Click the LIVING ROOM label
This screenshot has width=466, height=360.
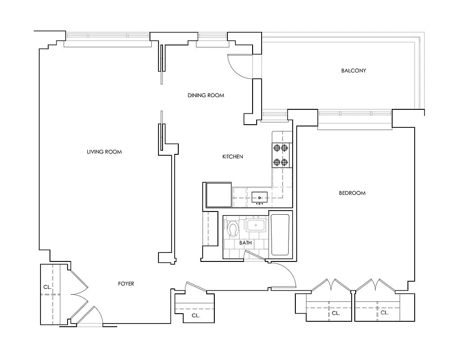click(x=104, y=152)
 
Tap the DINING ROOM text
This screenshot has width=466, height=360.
click(x=205, y=95)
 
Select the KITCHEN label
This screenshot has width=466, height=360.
click(x=233, y=157)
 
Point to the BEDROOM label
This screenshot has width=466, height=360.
click(x=352, y=193)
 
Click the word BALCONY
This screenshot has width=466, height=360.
click(x=353, y=71)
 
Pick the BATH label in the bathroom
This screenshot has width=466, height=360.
click(x=245, y=243)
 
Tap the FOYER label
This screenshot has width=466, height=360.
click(x=126, y=283)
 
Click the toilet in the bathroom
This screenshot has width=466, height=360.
click(x=233, y=228)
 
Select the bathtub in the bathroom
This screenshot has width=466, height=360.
click(x=281, y=235)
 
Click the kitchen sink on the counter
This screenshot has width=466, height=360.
click(x=259, y=196)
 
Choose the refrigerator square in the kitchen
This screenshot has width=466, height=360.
click(x=219, y=194)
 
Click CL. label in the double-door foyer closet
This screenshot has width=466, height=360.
click(x=46, y=286)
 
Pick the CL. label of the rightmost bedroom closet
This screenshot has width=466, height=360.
click(x=384, y=312)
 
